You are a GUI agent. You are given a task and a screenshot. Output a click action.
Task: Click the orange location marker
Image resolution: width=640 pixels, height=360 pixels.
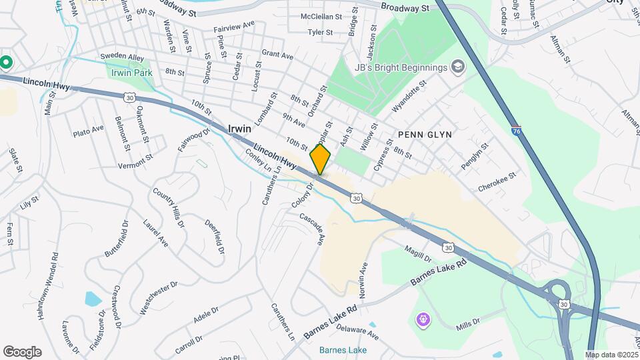click(x=320, y=159)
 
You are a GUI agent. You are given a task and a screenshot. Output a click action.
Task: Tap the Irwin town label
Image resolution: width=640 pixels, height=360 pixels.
click(x=239, y=128)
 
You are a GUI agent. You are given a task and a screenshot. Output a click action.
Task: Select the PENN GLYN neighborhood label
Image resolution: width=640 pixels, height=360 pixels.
click(x=425, y=135)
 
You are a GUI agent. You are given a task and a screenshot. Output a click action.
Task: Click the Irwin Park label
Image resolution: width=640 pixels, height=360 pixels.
click(x=133, y=73)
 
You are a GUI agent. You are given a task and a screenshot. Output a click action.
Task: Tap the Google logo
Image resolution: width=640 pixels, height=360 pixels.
click(x=22, y=352)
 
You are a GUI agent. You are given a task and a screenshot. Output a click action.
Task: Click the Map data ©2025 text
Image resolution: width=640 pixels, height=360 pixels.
click(x=611, y=355)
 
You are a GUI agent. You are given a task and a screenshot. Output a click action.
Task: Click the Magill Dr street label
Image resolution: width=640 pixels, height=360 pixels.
click(x=419, y=253)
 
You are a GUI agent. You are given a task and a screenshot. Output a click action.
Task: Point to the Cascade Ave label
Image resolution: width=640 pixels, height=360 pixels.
click(x=312, y=228)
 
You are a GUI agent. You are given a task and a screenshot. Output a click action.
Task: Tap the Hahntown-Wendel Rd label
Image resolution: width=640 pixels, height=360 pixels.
click(x=52, y=287)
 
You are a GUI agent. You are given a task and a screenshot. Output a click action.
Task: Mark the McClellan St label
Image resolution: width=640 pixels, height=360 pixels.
click(x=321, y=16)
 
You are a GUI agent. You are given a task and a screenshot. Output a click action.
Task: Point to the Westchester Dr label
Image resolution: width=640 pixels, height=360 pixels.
click(x=159, y=297)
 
